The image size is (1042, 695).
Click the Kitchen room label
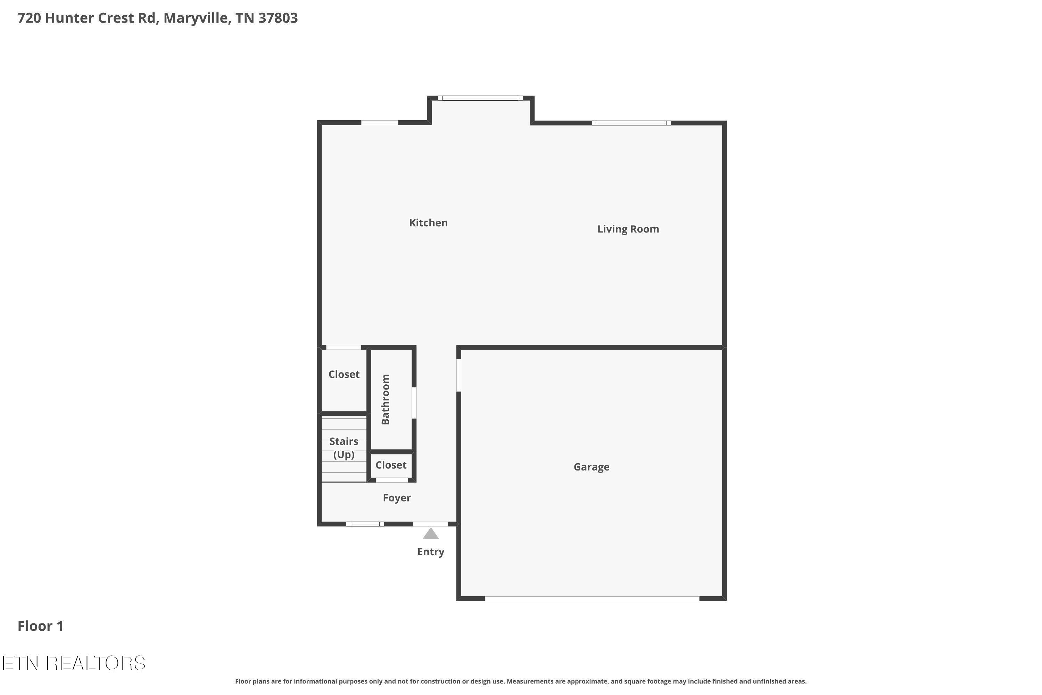[x=428, y=222]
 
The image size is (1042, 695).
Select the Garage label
[x=591, y=467]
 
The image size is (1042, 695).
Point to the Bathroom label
[x=386, y=399]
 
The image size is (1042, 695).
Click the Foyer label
[x=397, y=498]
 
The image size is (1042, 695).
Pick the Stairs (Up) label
[x=344, y=448]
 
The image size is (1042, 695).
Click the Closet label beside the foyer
[x=391, y=465]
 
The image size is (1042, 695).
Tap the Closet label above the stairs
[x=344, y=374]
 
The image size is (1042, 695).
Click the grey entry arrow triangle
[x=430, y=534]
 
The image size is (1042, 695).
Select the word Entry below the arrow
[x=431, y=551]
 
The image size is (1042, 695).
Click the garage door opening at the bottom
[x=592, y=598]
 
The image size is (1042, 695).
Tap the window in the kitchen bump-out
[x=480, y=98]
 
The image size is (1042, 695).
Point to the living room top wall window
[x=631, y=123]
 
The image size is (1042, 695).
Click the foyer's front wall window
[x=365, y=524]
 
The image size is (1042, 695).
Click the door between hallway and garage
[x=458, y=375]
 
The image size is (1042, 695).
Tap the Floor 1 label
[x=40, y=626]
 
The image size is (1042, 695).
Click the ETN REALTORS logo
[x=74, y=663]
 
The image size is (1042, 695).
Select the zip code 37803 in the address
[x=278, y=18]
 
